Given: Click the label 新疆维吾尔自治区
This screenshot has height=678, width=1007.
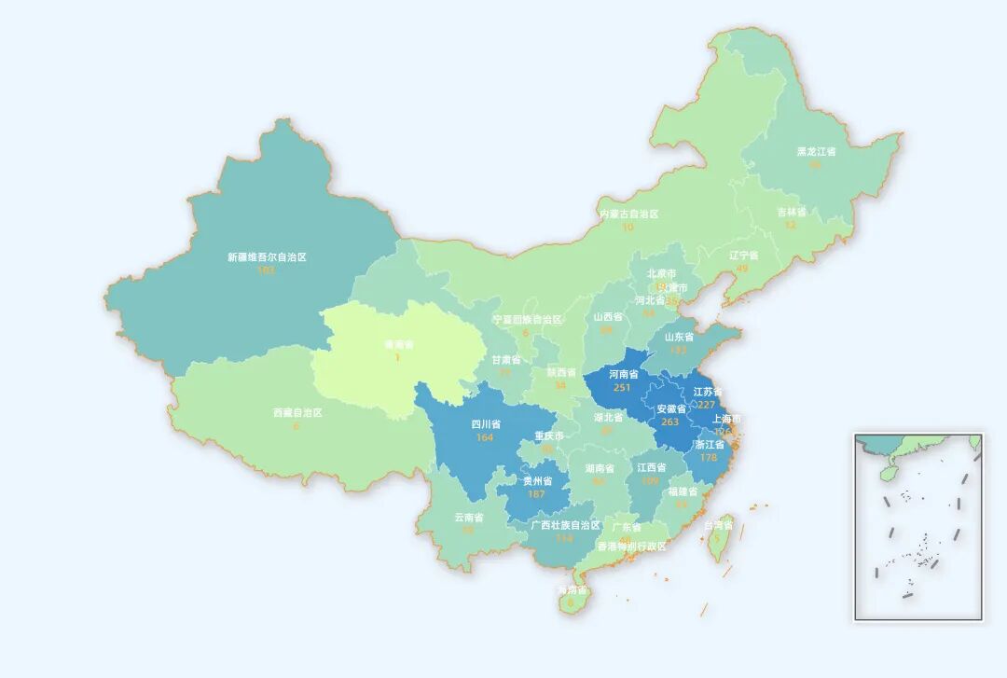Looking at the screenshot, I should tap(267, 257).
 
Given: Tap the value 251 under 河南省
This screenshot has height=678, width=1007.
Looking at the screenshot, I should tap(623, 387).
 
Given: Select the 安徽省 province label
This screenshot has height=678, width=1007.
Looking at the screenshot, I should tap(671, 409).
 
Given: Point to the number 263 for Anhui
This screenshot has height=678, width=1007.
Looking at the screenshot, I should tap(669, 422).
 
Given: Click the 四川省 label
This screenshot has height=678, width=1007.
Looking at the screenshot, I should tap(485, 424).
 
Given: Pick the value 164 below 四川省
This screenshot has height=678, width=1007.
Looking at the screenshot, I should tap(484, 437).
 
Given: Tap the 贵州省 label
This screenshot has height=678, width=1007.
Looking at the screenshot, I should tap(537, 481).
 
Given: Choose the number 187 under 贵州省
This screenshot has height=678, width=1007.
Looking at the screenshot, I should tap(536, 494).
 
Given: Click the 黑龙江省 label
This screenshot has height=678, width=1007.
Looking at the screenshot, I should tap(816, 151).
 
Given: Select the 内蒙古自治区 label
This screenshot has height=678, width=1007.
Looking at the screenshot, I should tap(628, 214).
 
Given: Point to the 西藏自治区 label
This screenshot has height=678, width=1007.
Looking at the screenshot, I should tap(297, 412).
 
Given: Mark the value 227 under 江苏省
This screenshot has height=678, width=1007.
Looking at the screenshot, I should tap(706, 405).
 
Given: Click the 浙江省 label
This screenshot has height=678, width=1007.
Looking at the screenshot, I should tap(710, 445).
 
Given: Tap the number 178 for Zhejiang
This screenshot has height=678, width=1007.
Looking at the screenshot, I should tap(709, 458).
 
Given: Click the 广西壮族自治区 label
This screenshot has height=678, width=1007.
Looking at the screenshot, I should tap(565, 525).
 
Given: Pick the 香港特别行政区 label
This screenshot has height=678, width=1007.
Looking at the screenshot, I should tap(632, 547).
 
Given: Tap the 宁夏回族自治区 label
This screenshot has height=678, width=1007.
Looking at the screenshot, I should tap(528, 320).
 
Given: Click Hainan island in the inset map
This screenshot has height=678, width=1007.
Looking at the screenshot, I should tap(889, 473).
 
